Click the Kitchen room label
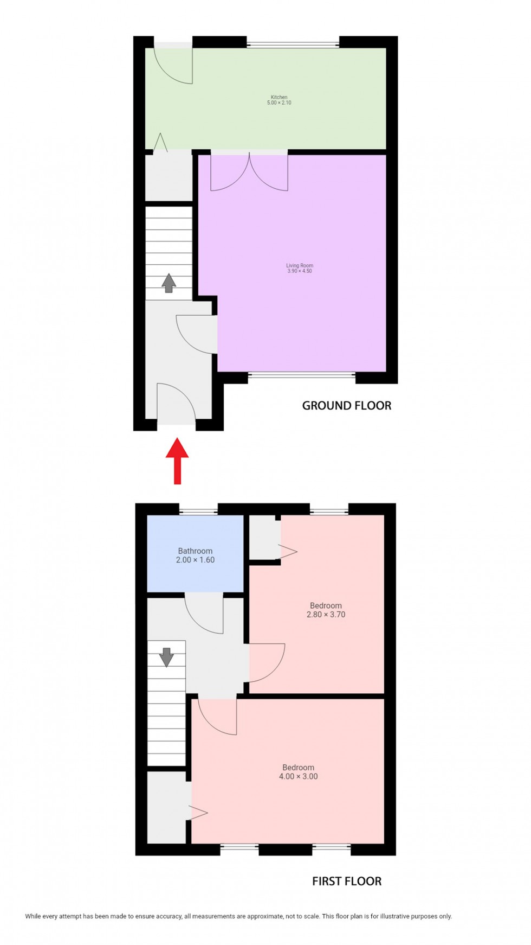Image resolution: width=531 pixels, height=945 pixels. pyautogui.click(x=279, y=97)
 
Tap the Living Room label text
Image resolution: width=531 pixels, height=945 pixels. pyautogui.click(x=300, y=266)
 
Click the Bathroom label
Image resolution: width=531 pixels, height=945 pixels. pyautogui.click(x=195, y=551)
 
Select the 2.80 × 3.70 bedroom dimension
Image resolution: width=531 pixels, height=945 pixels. pyautogui.click(x=326, y=615)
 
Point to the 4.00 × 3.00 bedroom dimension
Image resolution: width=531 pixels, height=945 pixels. pyautogui.click(x=298, y=776)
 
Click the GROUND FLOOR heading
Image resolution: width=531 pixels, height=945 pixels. pyautogui.click(x=346, y=406)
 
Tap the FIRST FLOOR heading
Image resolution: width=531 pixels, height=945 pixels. pyautogui.click(x=346, y=882)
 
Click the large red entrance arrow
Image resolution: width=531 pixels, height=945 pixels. pyautogui.click(x=177, y=461)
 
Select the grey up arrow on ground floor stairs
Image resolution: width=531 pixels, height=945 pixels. pyautogui.click(x=169, y=283)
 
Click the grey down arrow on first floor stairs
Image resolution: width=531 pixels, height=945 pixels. pyautogui.click(x=166, y=657)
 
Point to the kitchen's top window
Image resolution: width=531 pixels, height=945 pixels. pyautogui.click(x=293, y=44)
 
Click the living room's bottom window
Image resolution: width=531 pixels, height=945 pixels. pyautogui.click(x=302, y=375)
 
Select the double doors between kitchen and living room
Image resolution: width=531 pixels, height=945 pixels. pyautogui.click(x=249, y=171)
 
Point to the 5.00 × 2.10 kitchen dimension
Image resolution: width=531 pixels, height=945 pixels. pyautogui.click(x=279, y=103)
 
